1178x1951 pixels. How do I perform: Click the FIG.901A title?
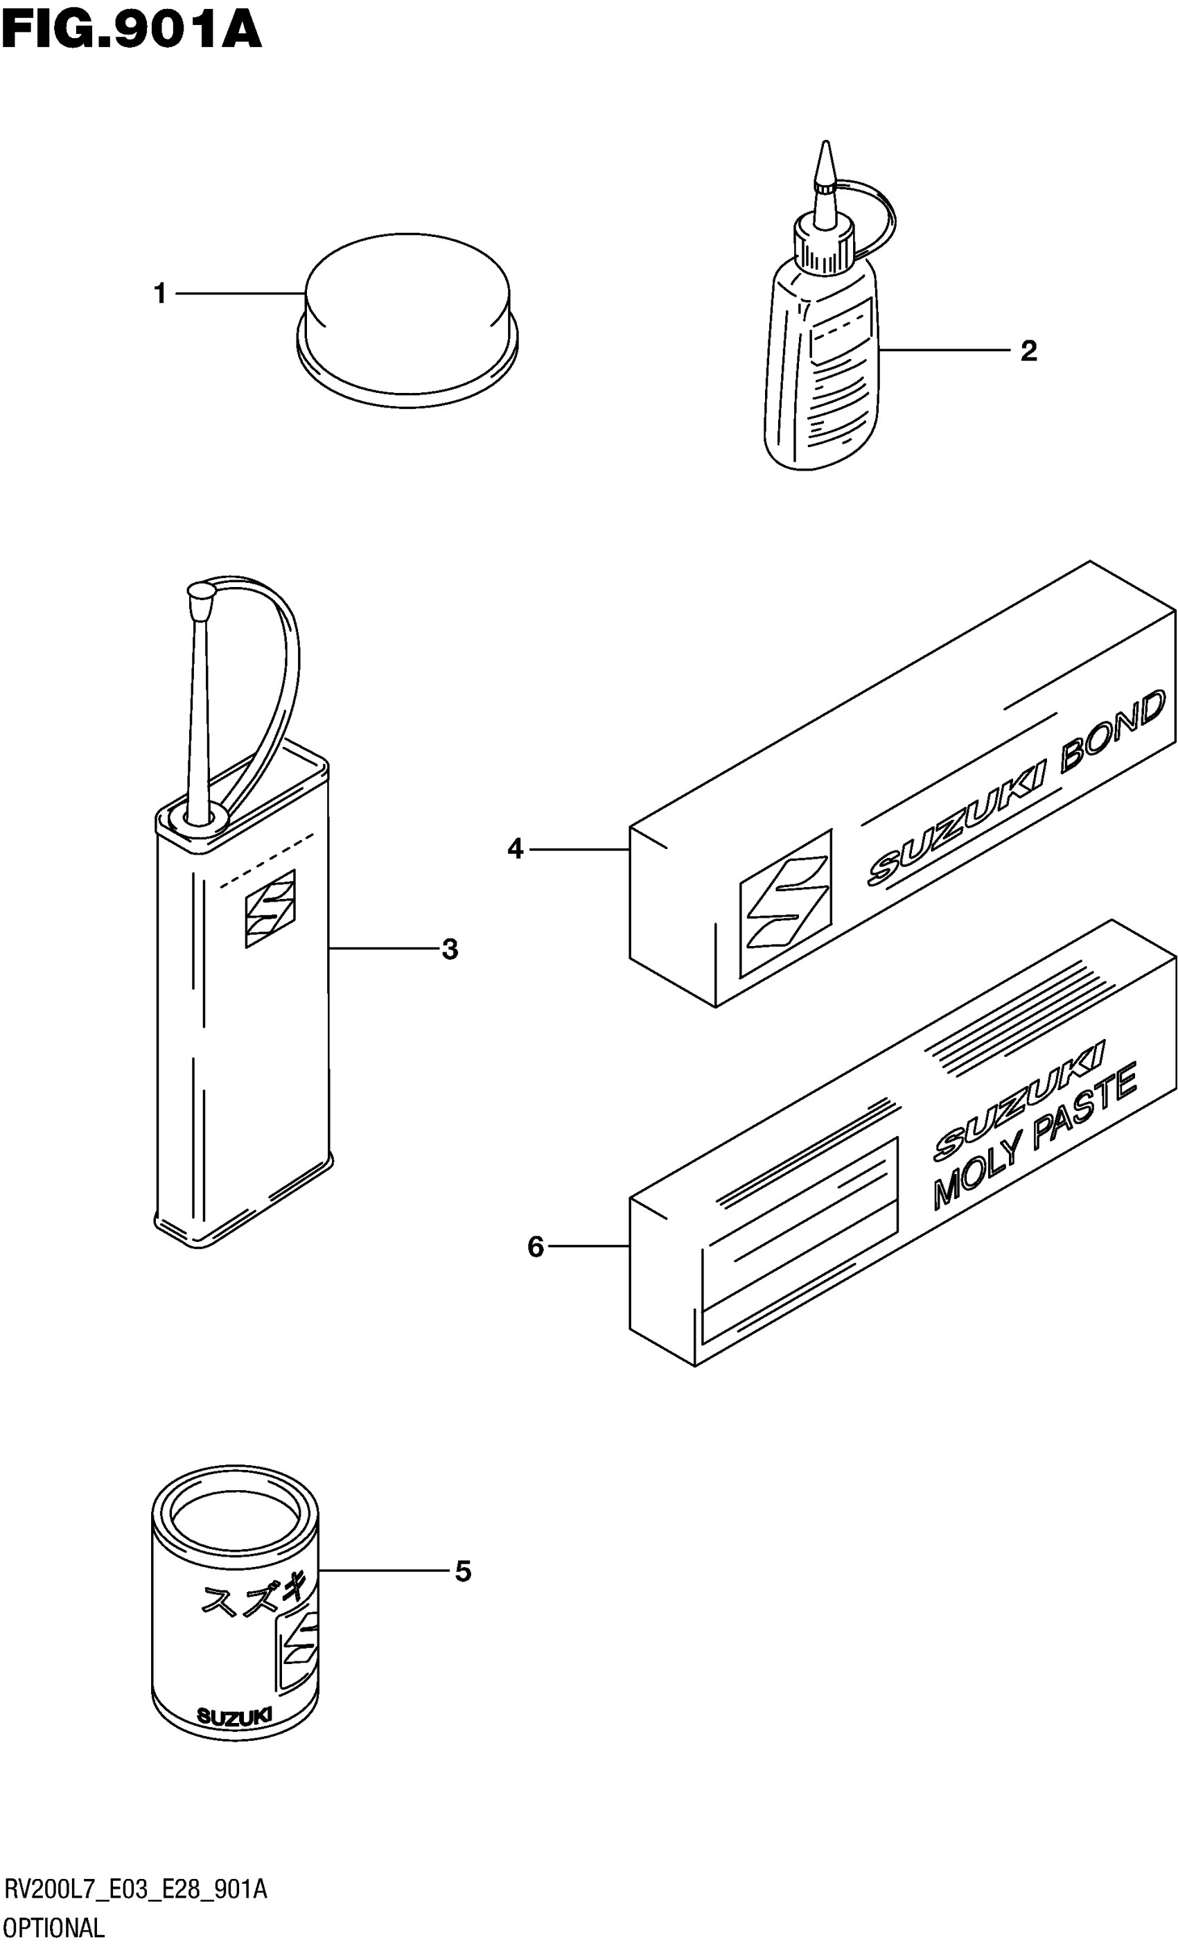(x=132, y=32)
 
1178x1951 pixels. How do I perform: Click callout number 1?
(x=160, y=294)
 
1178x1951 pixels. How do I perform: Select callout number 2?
(x=1028, y=350)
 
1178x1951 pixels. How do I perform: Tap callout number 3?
(x=450, y=949)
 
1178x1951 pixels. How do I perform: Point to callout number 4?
(x=516, y=850)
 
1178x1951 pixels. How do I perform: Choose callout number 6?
(x=536, y=1247)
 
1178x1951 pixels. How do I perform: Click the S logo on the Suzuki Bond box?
(x=785, y=902)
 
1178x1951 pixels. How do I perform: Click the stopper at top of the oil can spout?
(x=201, y=590)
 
